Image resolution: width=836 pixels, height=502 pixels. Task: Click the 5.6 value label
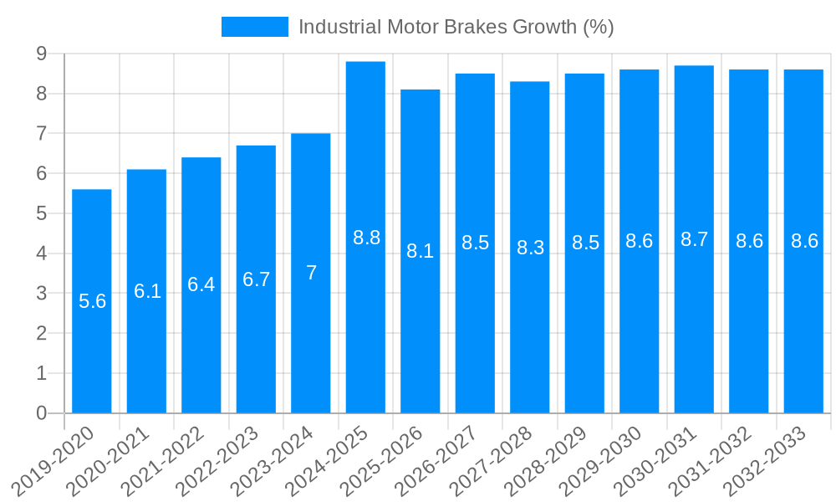pyautogui.click(x=92, y=301)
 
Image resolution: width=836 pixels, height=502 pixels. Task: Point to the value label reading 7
pyautogui.click(x=311, y=273)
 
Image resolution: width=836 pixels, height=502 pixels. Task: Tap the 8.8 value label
pyautogui.click(x=366, y=238)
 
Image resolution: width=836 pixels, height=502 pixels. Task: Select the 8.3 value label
pyautogui.click(x=530, y=248)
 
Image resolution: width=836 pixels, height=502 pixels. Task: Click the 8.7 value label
pyautogui.click(x=694, y=239)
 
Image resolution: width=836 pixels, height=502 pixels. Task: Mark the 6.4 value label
pyautogui.click(x=201, y=284)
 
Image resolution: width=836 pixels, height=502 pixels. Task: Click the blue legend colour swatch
pyautogui.click(x=254, y=27)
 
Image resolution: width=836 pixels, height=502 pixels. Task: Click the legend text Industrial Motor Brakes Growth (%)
pyautogui.click(x=456, y=27)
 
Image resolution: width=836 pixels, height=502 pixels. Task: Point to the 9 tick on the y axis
pyautogui.click(x=41, y=54)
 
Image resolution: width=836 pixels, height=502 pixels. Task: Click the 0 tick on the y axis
pyautogui.click(x=41, y=413)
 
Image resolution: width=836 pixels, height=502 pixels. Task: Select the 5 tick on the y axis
pyautogui.click(x=41, y=213)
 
